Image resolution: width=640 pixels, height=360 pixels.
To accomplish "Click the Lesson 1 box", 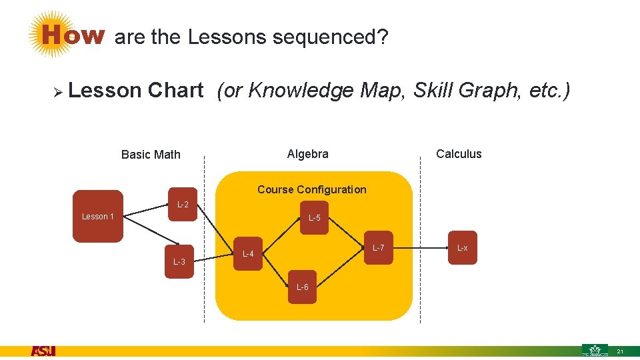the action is pos(97,216).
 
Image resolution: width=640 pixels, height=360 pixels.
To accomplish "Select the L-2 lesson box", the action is pos(182,204).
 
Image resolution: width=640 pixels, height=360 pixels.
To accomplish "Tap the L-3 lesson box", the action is pos(179,261).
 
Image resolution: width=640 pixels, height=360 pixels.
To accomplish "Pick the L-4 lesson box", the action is pos(248,253).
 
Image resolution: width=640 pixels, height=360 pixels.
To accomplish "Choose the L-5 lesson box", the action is pos(314,218).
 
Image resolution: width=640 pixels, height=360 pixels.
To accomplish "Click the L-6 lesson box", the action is pos(302,287).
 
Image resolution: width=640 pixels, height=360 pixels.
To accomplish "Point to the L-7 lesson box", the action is pos(378,248).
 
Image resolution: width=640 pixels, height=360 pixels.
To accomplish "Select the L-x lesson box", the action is pos(462,248).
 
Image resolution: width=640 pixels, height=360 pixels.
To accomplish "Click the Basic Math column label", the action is pos(151,155).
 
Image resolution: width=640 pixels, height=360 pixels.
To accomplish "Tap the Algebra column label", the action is pos(307,154).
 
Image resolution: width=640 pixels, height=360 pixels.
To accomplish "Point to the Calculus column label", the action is pos(459,154).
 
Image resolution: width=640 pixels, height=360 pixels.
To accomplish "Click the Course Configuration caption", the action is pos(312,189).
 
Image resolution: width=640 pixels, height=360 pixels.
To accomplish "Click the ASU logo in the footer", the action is pos(43,351).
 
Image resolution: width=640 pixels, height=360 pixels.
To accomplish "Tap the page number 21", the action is pos(620,351).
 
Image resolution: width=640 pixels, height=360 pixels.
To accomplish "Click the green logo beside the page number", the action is pos(595,350).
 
